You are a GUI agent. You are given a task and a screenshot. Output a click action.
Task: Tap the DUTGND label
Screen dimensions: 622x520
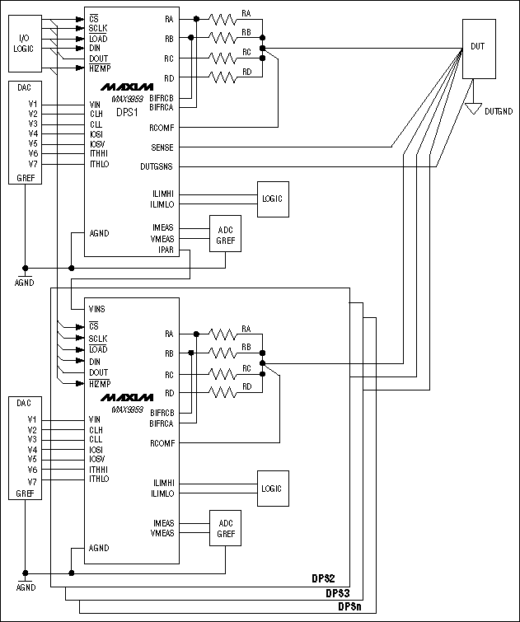[500, 110]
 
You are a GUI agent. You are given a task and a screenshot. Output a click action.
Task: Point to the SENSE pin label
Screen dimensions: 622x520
[162, 147]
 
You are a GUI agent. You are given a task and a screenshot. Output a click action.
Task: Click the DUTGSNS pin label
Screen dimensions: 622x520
[157, 167]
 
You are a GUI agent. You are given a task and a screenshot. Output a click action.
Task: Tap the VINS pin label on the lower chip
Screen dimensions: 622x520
[96, 309]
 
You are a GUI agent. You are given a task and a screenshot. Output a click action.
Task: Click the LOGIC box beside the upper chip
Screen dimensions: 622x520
[271, 199]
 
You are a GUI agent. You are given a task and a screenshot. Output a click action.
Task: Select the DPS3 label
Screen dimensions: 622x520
[339, 593]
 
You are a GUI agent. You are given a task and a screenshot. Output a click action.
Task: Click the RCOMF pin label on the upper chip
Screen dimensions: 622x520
[161, 128]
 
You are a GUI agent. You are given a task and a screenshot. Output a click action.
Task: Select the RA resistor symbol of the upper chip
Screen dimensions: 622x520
[223, 18]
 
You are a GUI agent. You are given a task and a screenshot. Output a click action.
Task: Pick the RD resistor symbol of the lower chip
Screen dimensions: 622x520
[223, 394]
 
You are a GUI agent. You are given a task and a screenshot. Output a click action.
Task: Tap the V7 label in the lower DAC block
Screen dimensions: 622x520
[32, 479]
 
